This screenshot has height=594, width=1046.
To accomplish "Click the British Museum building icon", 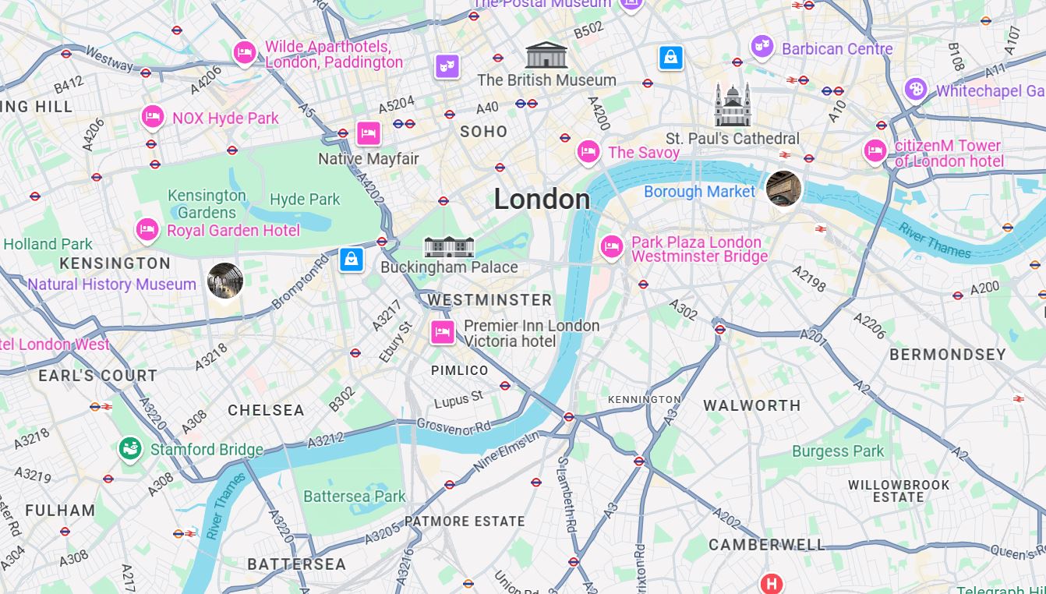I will point(546,55).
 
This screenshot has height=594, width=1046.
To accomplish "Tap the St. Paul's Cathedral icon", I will point(733,105).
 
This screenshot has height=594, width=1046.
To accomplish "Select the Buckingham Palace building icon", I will point(449,247).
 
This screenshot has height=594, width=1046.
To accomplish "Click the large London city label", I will point(542,200).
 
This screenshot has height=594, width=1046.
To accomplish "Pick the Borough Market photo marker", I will point(783,189).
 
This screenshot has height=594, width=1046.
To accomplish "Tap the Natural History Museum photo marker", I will point(225,281).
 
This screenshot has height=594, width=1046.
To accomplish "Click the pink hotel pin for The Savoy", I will point(588,151).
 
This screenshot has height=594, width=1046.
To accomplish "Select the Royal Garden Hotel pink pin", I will point(147,229).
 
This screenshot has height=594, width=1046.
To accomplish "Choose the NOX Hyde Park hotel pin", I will point(153,117).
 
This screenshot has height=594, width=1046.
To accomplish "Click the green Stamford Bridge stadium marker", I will point(130,449).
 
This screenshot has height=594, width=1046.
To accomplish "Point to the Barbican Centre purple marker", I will point(762,47).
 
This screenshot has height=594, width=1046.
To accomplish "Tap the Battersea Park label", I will point(355,497).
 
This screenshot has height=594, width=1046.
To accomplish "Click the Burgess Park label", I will point(838,451).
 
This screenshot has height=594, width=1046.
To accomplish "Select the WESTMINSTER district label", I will point(489,300).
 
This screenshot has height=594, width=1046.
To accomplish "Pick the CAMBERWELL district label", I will point(766,545).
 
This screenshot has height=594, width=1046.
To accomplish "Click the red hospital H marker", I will point(771,583).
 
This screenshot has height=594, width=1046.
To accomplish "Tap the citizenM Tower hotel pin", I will point(875,150).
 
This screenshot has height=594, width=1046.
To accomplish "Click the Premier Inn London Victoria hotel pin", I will point(443,331).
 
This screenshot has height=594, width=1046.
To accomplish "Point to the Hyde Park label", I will point(305,200).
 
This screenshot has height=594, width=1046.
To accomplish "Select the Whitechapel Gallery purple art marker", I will point(916,89).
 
